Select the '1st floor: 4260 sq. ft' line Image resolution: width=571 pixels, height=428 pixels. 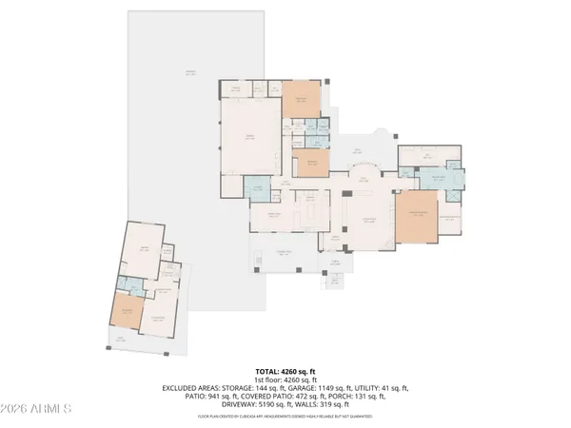point(285,379)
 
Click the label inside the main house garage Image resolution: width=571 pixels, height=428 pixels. point(250,137)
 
